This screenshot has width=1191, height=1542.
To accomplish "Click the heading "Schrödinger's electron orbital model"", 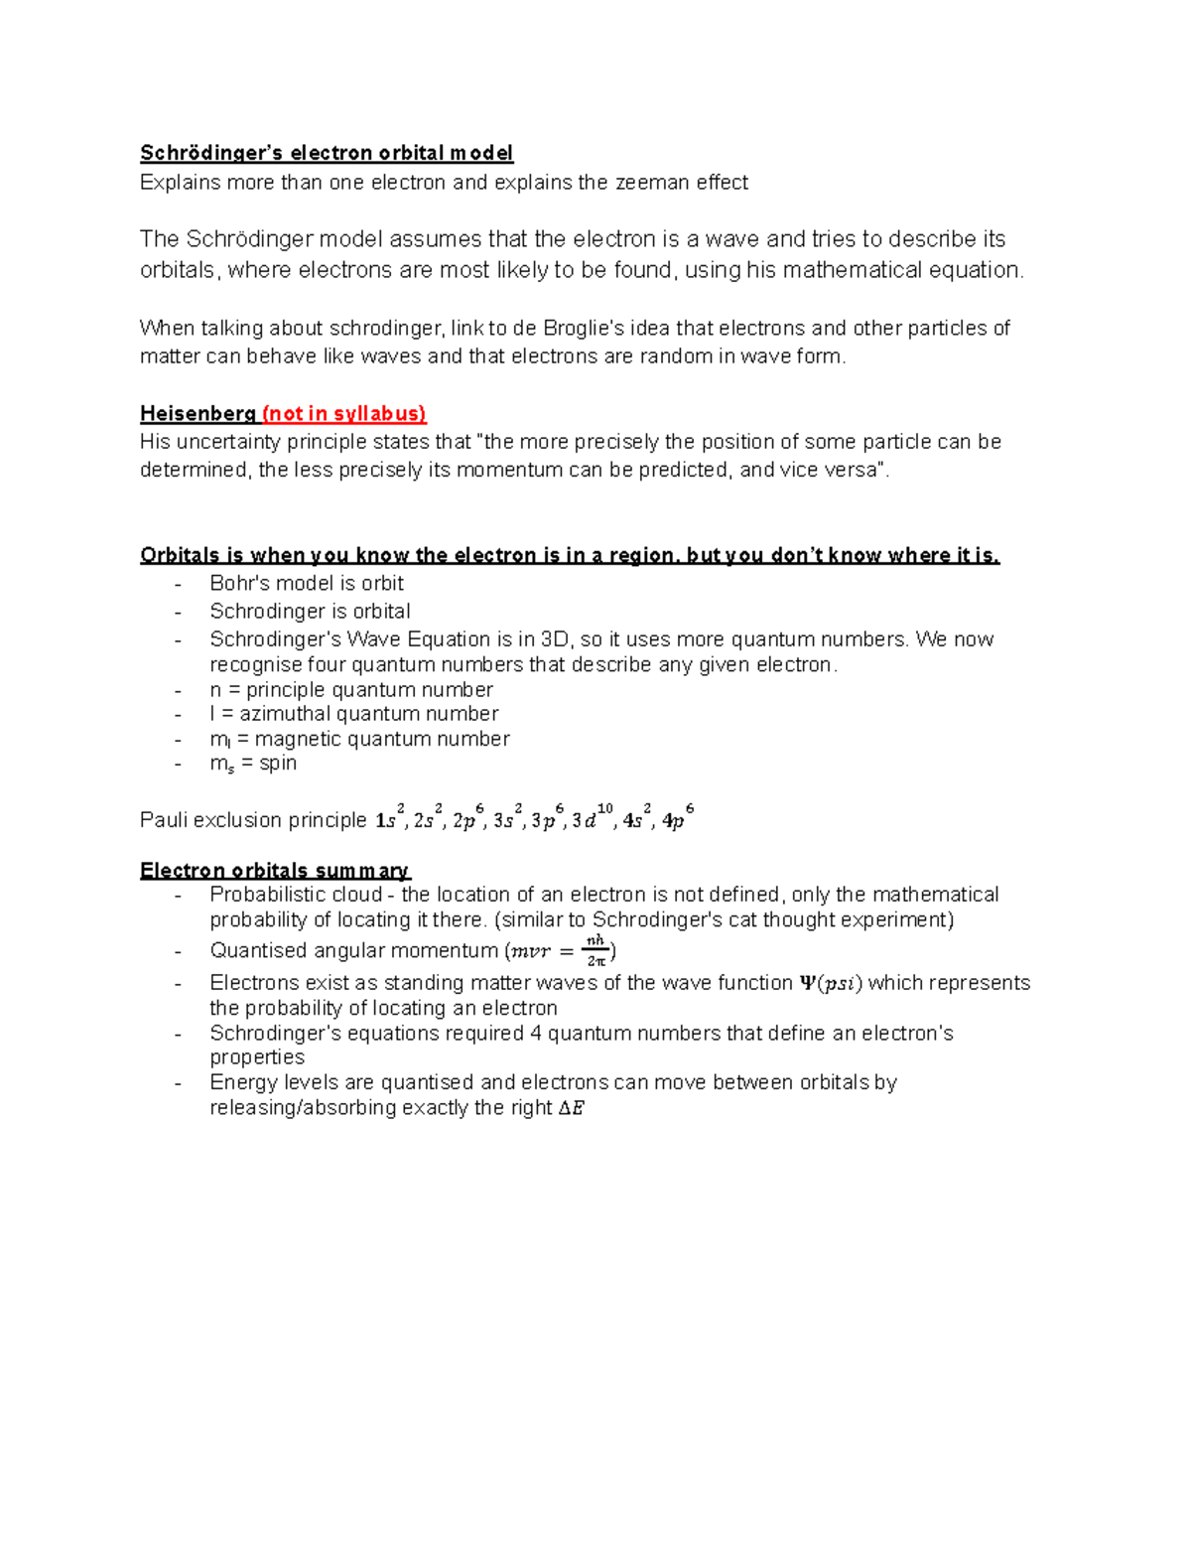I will (x=327, y=153).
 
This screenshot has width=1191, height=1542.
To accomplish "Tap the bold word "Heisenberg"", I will (x=198, y=414).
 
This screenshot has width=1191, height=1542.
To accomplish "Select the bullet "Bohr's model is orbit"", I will (x=306, y=584).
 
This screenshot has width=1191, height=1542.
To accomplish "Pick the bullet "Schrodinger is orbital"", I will (x=310, y=612).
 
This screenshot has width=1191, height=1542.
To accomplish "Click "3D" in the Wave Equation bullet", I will (x=552, y=639).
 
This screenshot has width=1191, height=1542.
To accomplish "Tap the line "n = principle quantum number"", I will (x=350, y=690).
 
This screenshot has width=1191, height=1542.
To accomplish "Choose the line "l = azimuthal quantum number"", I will (x=353, y=714).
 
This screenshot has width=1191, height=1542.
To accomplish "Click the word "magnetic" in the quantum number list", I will (x=295, y=739).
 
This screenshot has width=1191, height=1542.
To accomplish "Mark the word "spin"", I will (x=278, y=764).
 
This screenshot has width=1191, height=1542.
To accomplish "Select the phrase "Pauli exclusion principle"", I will (x=253, y=820).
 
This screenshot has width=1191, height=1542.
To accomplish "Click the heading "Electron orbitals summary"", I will (x=274, y=871).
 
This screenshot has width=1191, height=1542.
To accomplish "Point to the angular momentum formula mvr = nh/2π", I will (x=561, y=950).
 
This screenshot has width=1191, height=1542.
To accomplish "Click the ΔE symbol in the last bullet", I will (x=572, y=1108).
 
